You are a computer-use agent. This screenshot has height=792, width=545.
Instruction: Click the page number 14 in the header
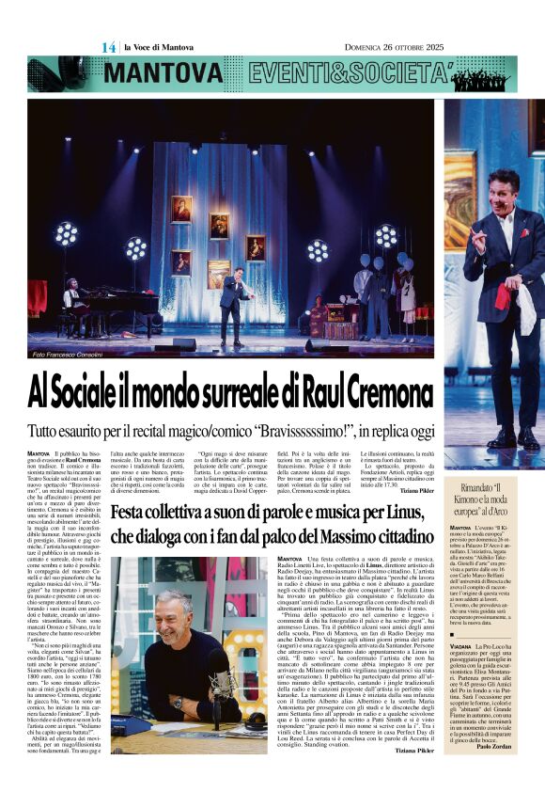(109, 47)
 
